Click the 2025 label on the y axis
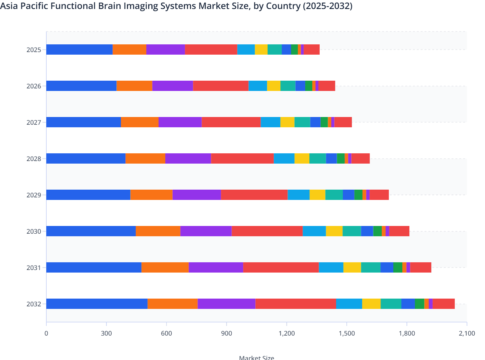(34, 50)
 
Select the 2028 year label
(34, 159)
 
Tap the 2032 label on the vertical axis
(34, 304)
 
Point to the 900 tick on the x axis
(226, 333)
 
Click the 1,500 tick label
(347, 333)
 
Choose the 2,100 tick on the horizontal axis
(467, 333)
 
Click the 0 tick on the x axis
(46, 333)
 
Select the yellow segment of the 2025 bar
(261, 50)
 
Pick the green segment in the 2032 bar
(419, 304)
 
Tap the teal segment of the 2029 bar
(334, 195)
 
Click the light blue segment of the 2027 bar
(270, 122)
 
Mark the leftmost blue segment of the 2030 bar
(91, 231)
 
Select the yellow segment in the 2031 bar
(352, 267)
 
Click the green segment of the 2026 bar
(309, 86)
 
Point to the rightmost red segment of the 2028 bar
(361, 158)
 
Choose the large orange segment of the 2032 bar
(173, 304)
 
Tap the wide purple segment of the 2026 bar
(173, 86)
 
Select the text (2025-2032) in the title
(327, 6)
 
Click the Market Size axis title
(257, 357)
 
